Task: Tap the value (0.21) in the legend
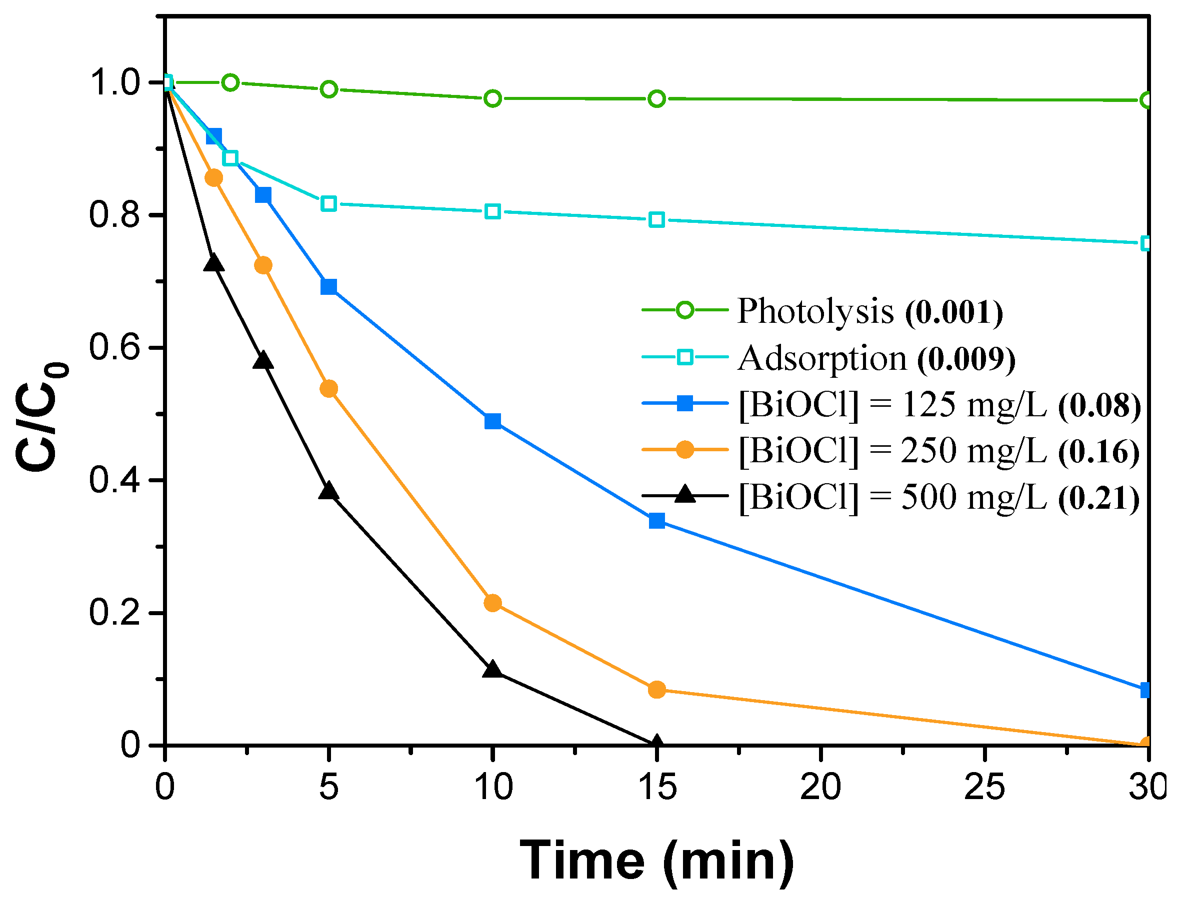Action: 1099,498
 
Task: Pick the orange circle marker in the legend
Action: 685,450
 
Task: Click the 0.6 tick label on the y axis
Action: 114,348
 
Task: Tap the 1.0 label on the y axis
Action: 114,83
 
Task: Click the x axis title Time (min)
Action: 657,861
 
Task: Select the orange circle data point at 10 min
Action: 492,604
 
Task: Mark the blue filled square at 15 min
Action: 657,521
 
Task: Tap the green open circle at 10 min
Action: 492,99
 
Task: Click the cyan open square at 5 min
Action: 329,204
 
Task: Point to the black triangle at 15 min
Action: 656,743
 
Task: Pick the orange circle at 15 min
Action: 657,690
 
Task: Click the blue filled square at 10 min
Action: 492,422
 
